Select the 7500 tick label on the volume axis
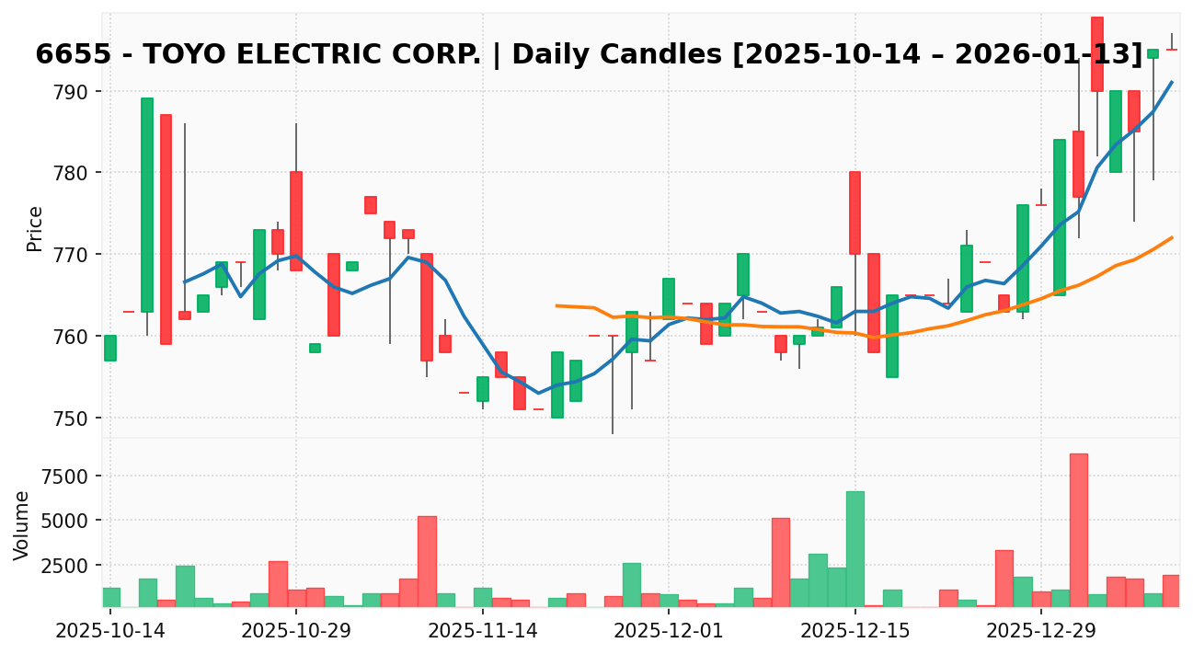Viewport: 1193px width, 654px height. click(x=69, y=476)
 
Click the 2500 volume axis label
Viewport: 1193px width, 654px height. click(x=69, y=566)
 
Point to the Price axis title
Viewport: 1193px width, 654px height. click(x=35, y=228)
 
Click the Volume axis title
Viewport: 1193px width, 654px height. click(x=22, y=525)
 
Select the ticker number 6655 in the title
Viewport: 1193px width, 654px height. click(x=68, y=55)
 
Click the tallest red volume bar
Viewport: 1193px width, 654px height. click(x=1079, y=530)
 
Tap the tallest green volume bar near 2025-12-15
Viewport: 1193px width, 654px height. click(x=855, y=549)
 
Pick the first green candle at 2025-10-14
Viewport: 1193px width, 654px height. click(x=110, y=348)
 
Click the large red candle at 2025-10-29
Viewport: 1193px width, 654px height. click(x=296, y=221)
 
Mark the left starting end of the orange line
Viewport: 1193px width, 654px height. click(x=556, y=305)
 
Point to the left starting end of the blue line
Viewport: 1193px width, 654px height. click(x=184, y=282)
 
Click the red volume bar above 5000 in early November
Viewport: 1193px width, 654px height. click(x=427, y=561)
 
